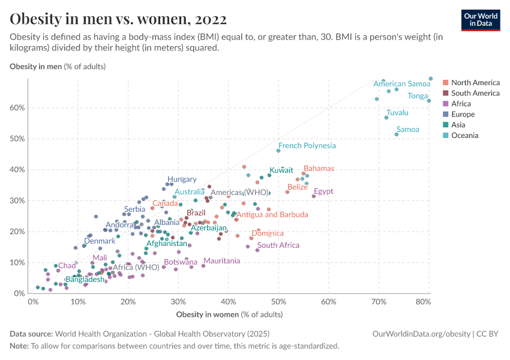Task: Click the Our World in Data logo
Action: coord(481,20)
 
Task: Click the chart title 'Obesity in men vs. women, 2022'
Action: coord(118,19)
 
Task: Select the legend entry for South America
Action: coord(475,93)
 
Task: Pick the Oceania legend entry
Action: coord(465,136)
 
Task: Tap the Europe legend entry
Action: coord(463,114)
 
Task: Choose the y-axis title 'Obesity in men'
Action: coord(35,66)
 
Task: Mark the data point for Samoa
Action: coord(397,134)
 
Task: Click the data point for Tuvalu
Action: coord(386,118)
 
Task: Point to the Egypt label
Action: coord(323,191)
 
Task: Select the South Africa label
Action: coord(278,245)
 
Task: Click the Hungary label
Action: coord(182,179)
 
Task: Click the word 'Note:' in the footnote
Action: coord(19,346)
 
